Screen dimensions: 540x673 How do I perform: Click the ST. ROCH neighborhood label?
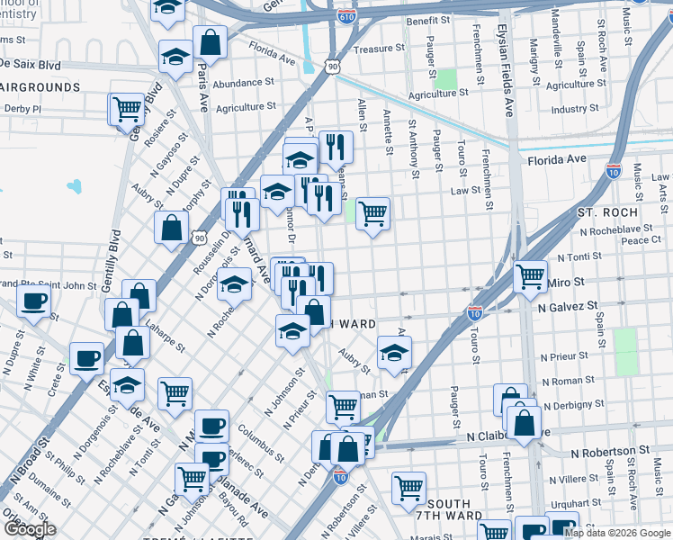point(607,212)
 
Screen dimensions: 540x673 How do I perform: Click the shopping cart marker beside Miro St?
point(531,276)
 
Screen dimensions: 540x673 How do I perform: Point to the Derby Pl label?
point(23,109)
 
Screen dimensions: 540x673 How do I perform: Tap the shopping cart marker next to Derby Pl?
point(128,111)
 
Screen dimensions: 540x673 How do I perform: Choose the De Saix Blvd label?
point(30,65)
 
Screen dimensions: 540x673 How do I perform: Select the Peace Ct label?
point(642,240)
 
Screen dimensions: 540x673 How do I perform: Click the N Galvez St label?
point(568,306)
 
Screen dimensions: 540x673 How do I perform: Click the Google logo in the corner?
point(30,529)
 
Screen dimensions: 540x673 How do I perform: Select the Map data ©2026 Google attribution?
point(617,533)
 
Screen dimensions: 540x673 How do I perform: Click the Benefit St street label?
point(427,20)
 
